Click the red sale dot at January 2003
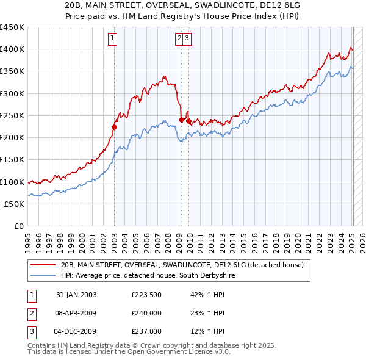(x=114, y=128)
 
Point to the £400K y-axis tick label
(x=12, y=49)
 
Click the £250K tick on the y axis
(x=12, y=116)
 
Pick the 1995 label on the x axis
(x=28, y=241)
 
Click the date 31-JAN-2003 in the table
(x=76, y=295)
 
